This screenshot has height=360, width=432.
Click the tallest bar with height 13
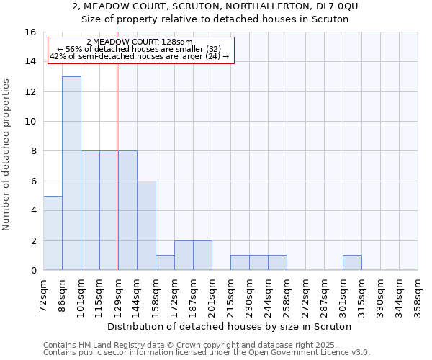(x=71, y=173)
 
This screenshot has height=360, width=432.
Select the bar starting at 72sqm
(x=53, y=233)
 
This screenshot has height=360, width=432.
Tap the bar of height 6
(x=146, y=225)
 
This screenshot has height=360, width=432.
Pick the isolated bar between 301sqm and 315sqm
(x=352, y=263)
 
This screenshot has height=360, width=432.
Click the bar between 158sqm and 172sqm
(x=165, y=263)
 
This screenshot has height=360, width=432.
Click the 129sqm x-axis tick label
(x=118, y=293)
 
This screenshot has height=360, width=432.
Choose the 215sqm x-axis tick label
(x=230, y=293)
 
